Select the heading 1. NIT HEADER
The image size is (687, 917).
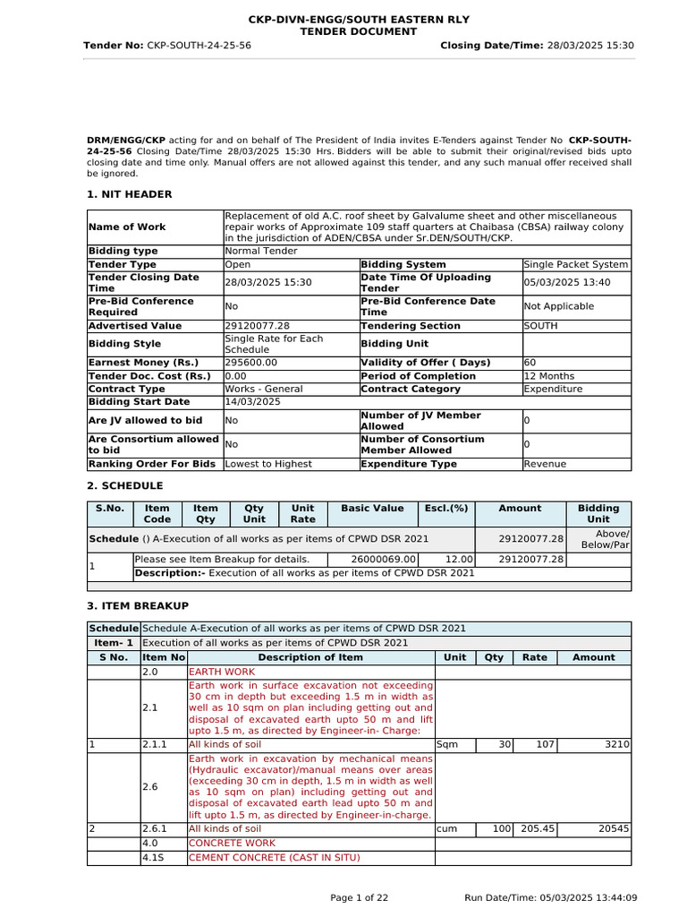coord(129,194)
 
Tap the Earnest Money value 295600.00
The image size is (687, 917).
coord(250,363)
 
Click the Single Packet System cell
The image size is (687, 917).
coord(576,265)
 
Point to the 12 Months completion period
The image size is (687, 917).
coord(549,376)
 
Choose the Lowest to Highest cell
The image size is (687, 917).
coord(268,464)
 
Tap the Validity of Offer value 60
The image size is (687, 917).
coord(530,363)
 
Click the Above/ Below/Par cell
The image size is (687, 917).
coord(606,539)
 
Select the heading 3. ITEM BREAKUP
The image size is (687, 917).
coord(138,606)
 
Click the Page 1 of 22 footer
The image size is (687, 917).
coord(360,898)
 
